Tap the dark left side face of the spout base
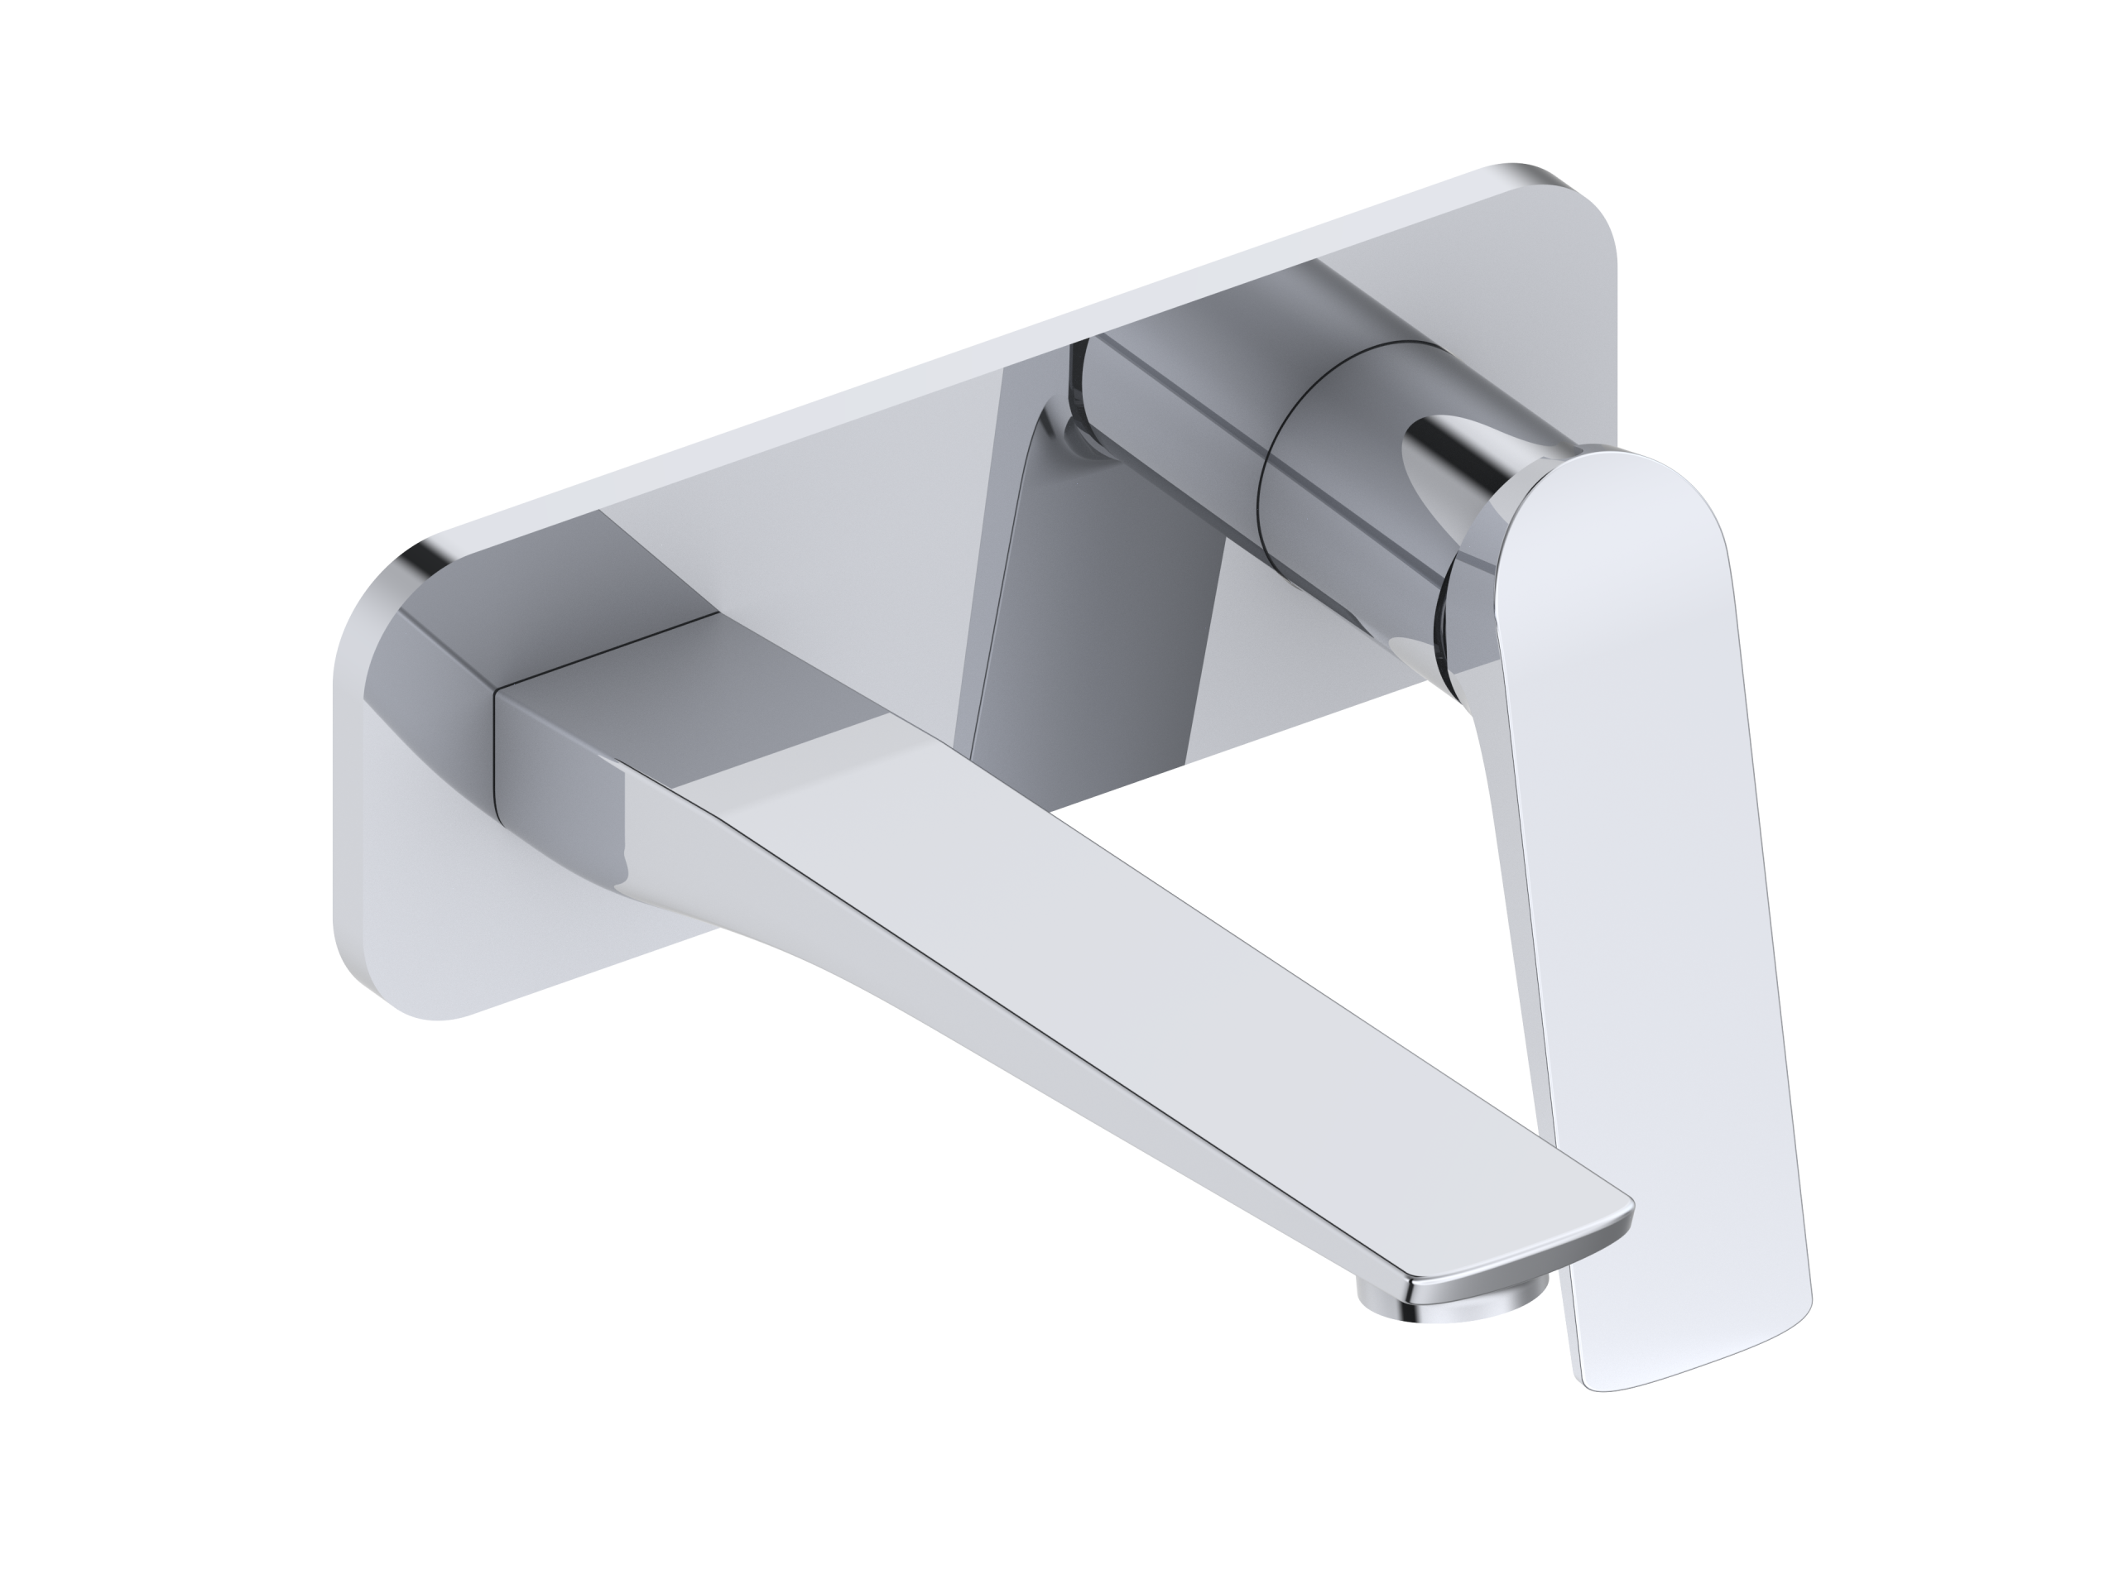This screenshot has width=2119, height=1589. (x=555, y=795)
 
